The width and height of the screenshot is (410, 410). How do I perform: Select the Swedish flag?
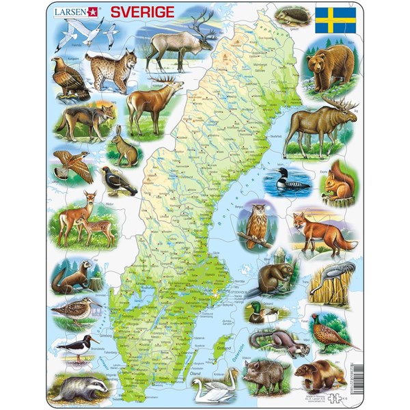[x=335, y=20]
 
